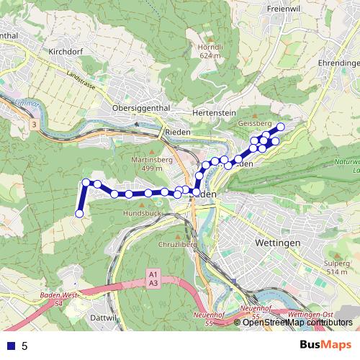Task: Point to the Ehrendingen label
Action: (338, 63)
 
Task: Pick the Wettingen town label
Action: (277, 243)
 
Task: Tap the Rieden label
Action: (178, 132)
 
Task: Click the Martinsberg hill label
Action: (147, 160)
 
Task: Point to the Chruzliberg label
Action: (179, 245)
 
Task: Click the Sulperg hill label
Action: (338, 264)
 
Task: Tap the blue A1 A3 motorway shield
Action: (153, 279)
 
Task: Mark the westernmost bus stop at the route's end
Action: (79, 213)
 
